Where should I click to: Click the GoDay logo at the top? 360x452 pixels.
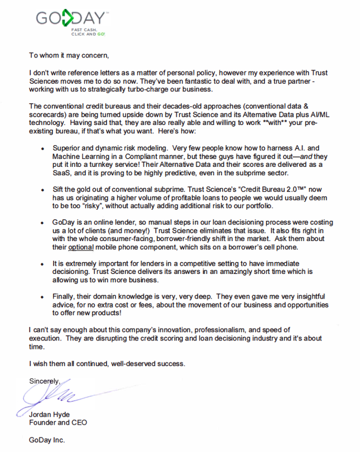point(70,20)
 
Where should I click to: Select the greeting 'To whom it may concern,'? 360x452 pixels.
point(66,55)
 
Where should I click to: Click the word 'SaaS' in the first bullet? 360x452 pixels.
point(64,174)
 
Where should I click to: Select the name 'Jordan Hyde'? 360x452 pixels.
point(50,415)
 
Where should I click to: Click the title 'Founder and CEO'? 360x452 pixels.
point(57,422)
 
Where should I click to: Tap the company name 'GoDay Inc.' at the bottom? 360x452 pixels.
point(47,440)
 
